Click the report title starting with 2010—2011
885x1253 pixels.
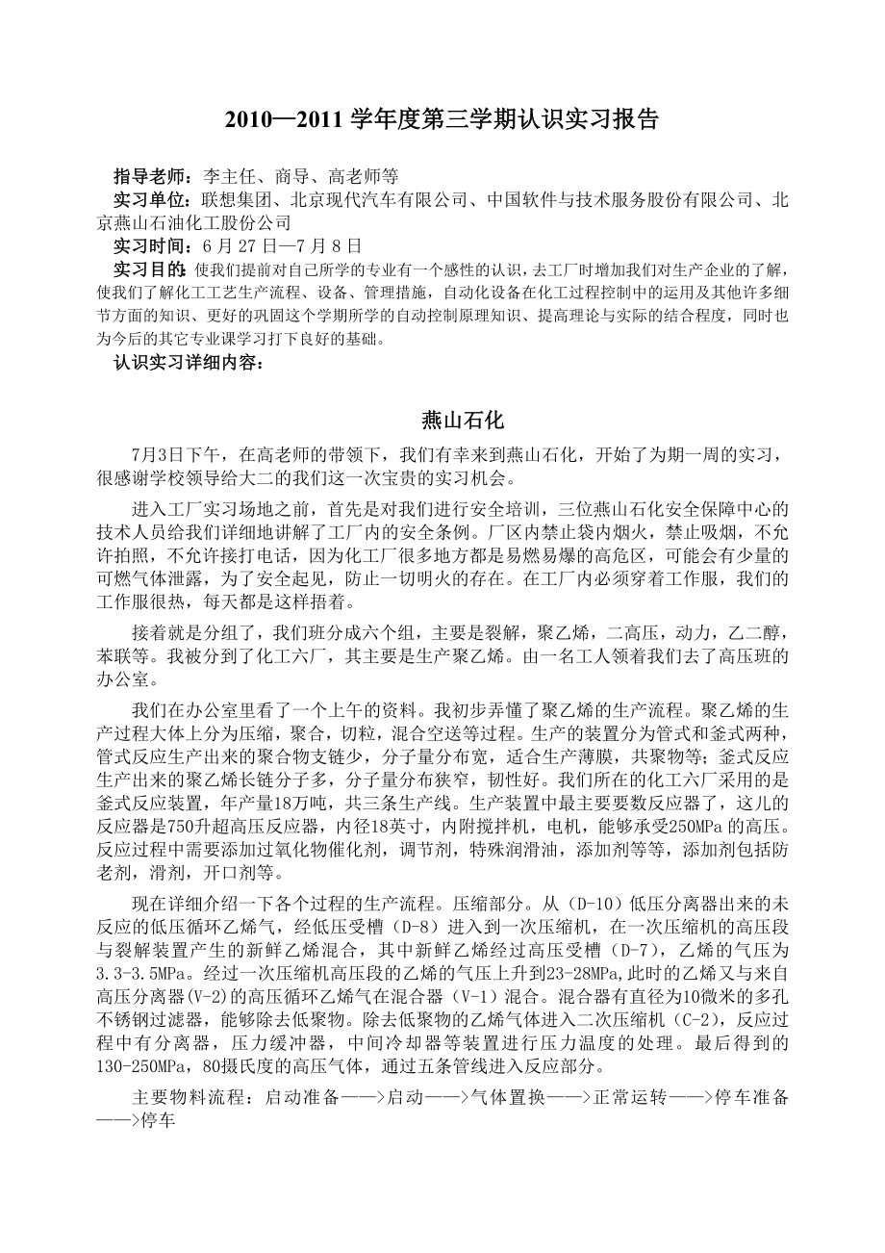click(x=442, y=120)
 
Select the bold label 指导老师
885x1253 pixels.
click(x=153, y=176)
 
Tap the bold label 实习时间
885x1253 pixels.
click(x=153, y=244)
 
